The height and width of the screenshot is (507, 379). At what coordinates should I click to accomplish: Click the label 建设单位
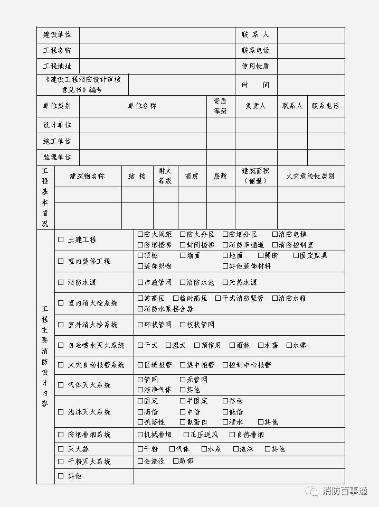(x=58, y=35)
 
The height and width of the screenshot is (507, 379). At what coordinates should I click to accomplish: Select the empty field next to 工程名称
(x=157, y=51)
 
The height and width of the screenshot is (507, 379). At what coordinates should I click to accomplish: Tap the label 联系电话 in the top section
(x=255, y=51)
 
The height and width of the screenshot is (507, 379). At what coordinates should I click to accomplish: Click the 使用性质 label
(x=255, y=67)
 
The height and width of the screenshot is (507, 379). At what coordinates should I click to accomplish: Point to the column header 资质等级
(x=220, y=106)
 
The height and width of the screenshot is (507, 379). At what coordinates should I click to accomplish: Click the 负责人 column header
(x=255, y=106)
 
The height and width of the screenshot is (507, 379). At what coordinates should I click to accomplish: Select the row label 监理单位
(x=58, y=157)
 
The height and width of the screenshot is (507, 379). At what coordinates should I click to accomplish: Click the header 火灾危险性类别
(x=310, y=176)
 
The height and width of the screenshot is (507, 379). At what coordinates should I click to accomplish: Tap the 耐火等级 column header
(x=165, y=176)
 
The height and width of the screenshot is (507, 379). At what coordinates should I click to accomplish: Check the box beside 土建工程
(x=61, y=239)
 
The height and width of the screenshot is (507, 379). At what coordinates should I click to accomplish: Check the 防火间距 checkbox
(x=140, y=234)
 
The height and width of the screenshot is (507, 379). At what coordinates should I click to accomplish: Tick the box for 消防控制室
(x=275, y=245)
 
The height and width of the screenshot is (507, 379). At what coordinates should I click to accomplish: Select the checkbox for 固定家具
(x=296, y=255)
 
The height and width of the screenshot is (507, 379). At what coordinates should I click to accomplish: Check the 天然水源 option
(x=225, y=282)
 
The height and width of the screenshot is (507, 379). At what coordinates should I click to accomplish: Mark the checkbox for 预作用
(x=197, y=345)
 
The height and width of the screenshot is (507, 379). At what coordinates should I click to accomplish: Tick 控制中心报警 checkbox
(x=225, y=365)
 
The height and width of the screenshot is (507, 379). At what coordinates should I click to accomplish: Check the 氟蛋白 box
(x=183, y=422)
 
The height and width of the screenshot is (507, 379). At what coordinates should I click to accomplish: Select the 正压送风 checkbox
(x=186, y=435)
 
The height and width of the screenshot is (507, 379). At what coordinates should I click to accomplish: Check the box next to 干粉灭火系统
(x=61, y=462)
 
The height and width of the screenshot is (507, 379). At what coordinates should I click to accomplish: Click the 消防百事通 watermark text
(x=345, y=491)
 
